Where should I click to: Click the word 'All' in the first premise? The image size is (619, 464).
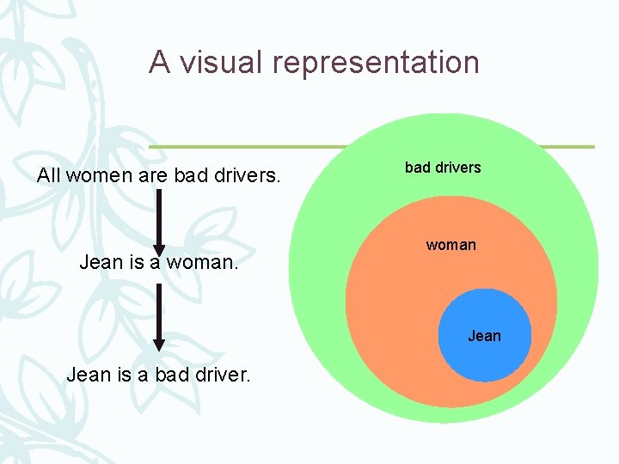pyautogui.click(x=50, y=176)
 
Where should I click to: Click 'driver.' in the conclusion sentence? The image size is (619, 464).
pyautogui.click(x=221, y=375)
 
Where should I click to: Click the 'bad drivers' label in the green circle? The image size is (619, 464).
pyautogui.click(x=443, y=168)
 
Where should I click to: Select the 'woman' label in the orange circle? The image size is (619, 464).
pyautogui.click(x=450, y=245)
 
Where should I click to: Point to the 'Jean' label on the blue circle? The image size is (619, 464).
pyautogui.click(x=484, y=336)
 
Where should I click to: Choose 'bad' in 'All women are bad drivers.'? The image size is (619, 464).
pyautogui.click(x=191, y=176)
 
